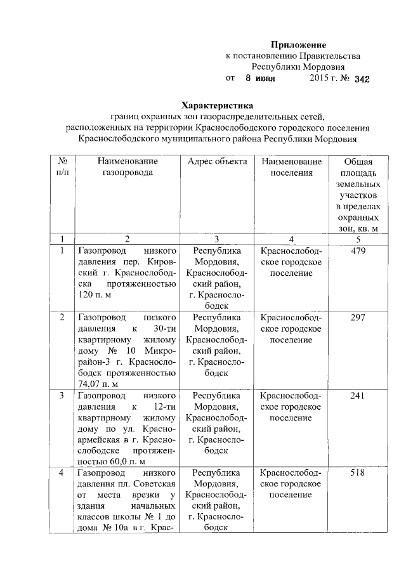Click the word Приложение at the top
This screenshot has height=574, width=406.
(x=298, y=45)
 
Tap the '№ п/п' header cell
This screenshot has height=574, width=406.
(x=62, y=167)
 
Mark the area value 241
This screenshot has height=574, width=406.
(x=358, y=395)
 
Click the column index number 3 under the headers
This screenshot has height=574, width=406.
(x=217, y=239)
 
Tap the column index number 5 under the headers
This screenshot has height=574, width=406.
(x=358, y=239)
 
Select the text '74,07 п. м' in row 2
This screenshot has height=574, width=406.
(x=98, y=382)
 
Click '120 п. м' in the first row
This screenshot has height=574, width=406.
(x=93, y=296)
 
